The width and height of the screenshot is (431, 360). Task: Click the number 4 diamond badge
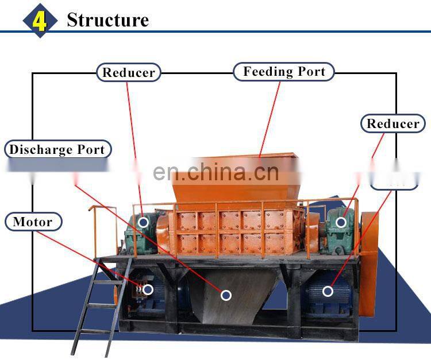point(40,20)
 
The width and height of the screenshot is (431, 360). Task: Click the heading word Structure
point(107,20)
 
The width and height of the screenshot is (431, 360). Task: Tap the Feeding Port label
point(284,72)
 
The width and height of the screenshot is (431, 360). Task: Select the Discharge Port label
point(57,150)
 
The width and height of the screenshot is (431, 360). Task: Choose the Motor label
point(33,222)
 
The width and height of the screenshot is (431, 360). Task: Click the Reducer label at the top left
point(128,72)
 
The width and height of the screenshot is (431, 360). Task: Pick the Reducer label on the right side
point(393,123)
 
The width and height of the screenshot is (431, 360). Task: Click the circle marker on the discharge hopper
point(226,295)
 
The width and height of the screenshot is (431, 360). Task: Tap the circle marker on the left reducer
point(144,222)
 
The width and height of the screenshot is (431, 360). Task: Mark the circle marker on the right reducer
point(341,222)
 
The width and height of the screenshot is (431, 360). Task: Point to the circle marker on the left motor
point(148,289)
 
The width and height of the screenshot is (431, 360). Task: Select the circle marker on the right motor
point(328,291)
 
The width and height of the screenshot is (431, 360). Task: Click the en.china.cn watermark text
point(216,172)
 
